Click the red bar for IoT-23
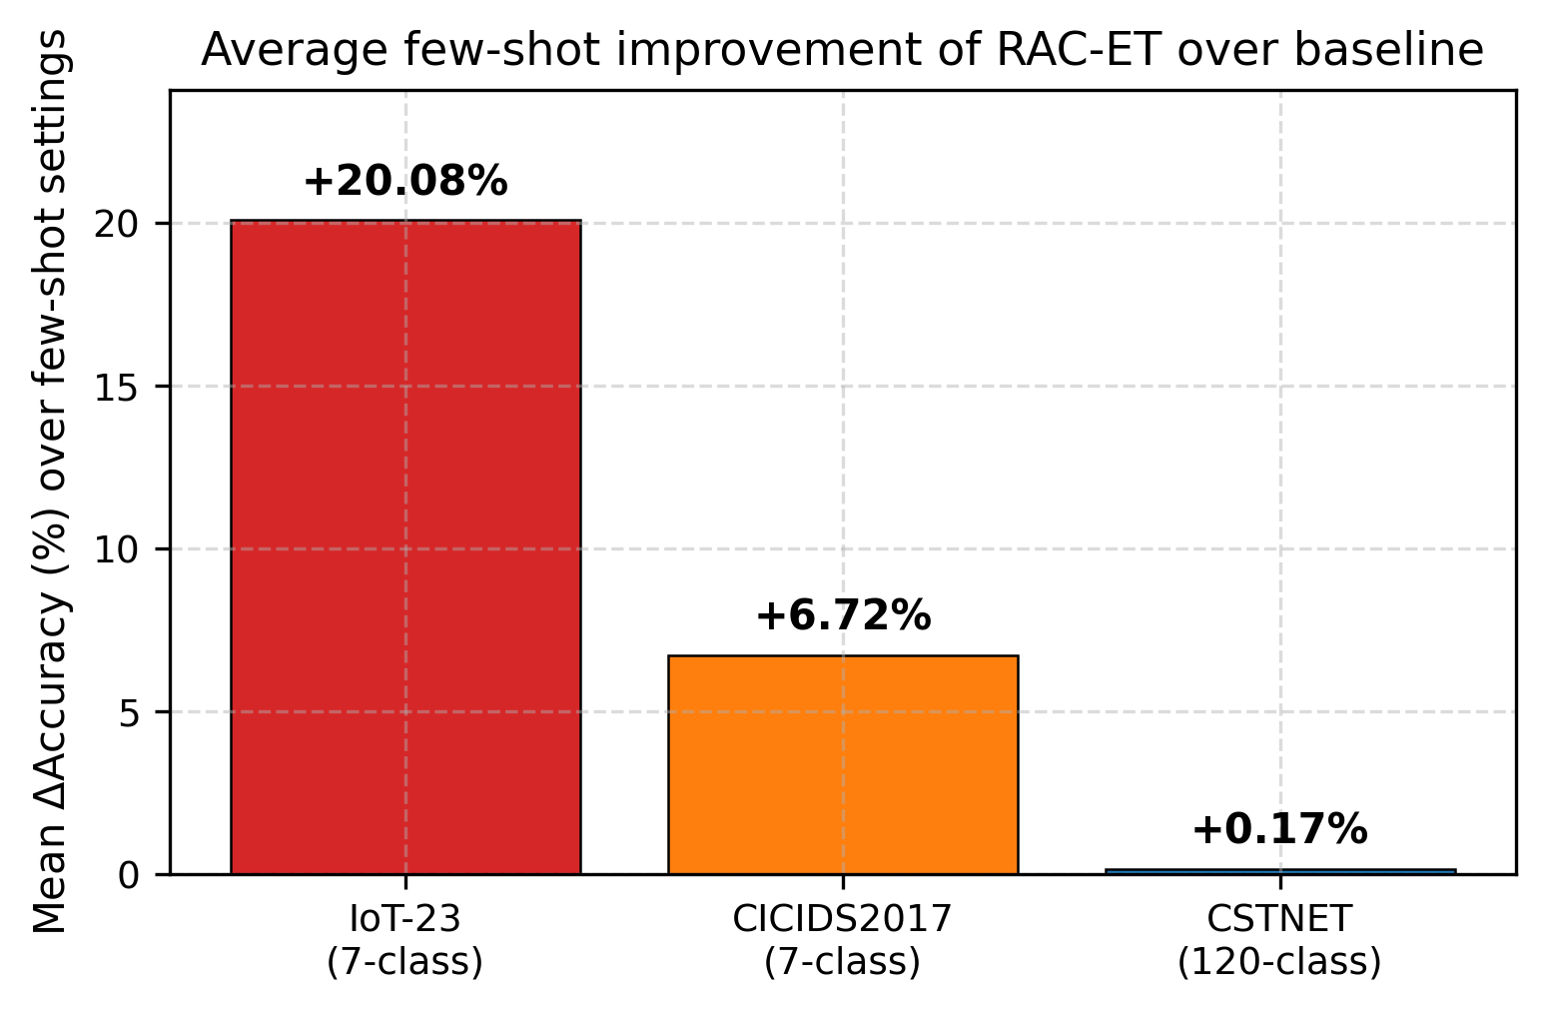click(x=404, y=546)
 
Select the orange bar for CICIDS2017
click(x=842, y=764)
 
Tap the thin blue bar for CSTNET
click(x=1279, y=871)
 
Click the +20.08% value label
click(x=404, y=182)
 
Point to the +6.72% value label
click(x=842, y=616)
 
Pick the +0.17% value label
click(x=1279, y=829)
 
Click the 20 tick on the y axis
click(x=121, y=224)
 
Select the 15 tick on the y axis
click(x=121, y=387)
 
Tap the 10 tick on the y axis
click(x=121, y=549)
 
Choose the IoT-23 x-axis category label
click(x=404, y=918)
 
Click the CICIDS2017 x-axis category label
click(x=842, y=918)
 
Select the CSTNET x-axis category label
click(x=1279, y=918)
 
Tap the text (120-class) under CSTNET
click(x=1279, y=961)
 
